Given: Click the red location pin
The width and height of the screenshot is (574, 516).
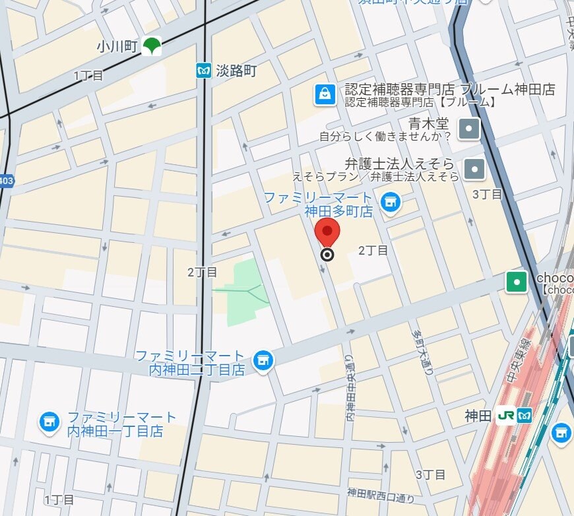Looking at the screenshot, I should pyautogui.click(x=327, y=232).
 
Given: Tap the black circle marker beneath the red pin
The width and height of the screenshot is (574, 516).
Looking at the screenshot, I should pyautogui.click(x=327, y=255).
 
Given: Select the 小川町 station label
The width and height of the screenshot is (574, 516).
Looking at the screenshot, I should pyautogui.click(x=116, y=46).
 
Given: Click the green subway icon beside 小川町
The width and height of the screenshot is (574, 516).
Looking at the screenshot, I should pyautogui.click(x=152, y=46).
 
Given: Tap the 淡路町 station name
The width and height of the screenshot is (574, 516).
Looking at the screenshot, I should pyautogui.click(x=236, y=71).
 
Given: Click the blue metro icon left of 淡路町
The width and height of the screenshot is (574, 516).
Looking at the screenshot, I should pyautogui.click(x=204, y=71).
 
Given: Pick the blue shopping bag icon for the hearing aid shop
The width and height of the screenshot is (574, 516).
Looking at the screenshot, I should pyautogui.click(x=324, y=94).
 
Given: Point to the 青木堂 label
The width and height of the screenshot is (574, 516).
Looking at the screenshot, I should pyautogui.click(x=428, y=123).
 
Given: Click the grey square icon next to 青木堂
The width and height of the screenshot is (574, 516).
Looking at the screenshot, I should pyautogui.click(x=469, y=129).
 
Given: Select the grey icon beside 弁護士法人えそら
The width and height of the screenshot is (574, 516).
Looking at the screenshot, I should pyautogui.click(x=474, y=169).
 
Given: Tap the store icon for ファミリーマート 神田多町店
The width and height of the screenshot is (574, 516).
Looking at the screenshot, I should pyautogui.click(x=391, y=202).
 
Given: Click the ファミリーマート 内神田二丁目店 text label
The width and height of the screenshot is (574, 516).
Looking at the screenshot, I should pyautogui.click(x=190, y=363).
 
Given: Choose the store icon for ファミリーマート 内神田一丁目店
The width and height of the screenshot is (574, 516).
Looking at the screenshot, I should pyautogui.click(x=49, y=422).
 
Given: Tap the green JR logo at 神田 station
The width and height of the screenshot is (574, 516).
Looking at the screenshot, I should pyautogui.click(x=506, y=416).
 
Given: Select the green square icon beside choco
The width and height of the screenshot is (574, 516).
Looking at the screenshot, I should pyautogui.click(x=516, y=282).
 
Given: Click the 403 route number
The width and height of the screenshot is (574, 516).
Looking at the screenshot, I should pyautogui.click(x=6, y=181).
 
